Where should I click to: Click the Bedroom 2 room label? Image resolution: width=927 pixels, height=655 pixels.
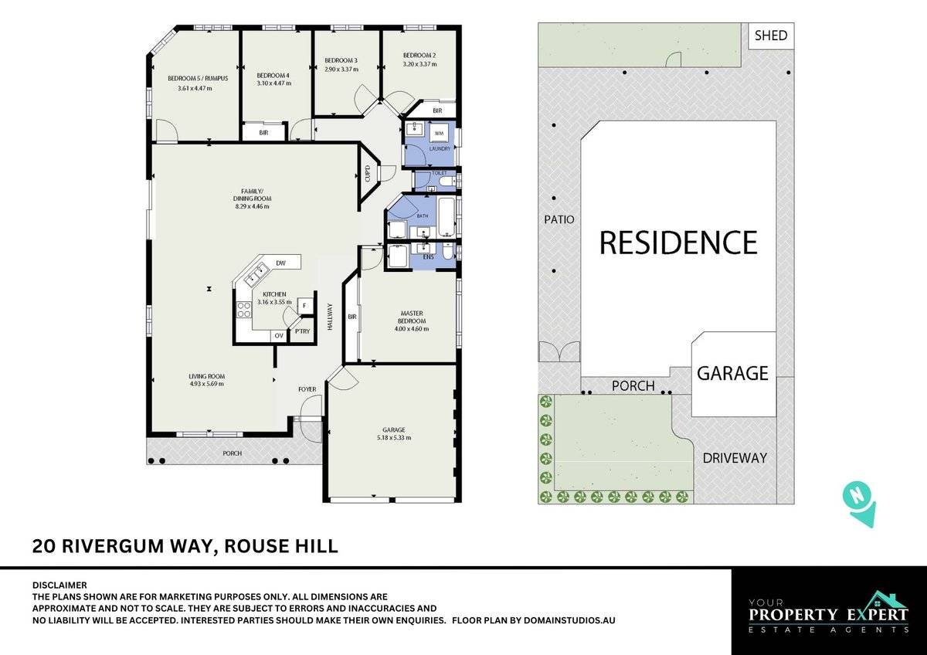[x=419, y=56]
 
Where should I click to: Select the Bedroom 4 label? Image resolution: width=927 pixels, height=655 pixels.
[x=273, y=75]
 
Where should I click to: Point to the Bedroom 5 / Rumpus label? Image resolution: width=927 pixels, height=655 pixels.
[x=194, y=77]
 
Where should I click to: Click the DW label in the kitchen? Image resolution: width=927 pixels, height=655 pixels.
[x=281, y=263]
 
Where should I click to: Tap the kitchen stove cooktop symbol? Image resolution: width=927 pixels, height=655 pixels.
[x=243, y=309]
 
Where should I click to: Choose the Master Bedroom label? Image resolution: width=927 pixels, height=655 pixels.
[x=412, y=317]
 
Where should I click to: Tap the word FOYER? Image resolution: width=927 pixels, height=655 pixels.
[x=307, y=389]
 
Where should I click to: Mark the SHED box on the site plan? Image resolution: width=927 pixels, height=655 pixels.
[x=771, y=36]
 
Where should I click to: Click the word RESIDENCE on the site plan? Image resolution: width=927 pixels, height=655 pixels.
[x=678, y=243]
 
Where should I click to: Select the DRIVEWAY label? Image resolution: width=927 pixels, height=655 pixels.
[x=735, y=458]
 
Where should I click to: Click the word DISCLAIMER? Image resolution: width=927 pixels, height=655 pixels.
[x=59, y=585]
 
